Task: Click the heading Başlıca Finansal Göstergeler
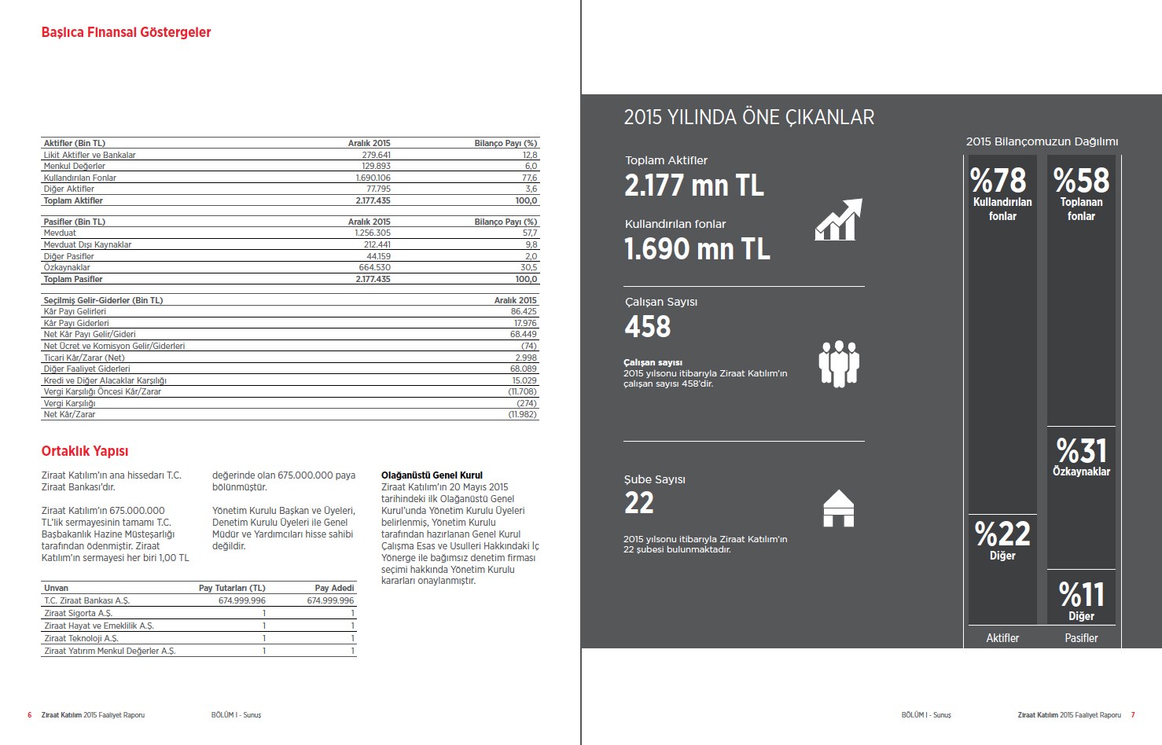pyautogui.click(x=126, y=32)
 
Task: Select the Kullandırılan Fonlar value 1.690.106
pyautogui.click(x=373, y=178)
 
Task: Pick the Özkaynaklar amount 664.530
pyautogui.click(x=374, y=267)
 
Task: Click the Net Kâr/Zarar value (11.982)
pyautogui.click(x=523, y=414)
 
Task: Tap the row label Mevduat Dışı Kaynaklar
pyautogui.click(x=87, y=244)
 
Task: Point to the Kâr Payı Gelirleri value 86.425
pyautogui.click(x=524, y=311)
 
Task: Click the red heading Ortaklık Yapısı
pyautogui.click(x=84, y=451)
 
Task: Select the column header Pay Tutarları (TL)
pyautogui.click(x=232, y=588)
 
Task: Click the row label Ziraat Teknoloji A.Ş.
pyautogui.click(x=81, y=638)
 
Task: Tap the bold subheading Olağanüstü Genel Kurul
pyautogui.click(x=432, y=475)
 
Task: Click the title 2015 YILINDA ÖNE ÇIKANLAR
pyautogui.click(x=748, y=117)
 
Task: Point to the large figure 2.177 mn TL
pyautogui.click(x=693, y=185)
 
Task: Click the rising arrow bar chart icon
pyautogui.click(x=838, y=219)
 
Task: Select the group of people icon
pyautogui.click(x=838, y=363)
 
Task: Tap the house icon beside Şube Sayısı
pyautogui.click(x=838, y=508)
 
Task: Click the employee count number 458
pyautogui.click(x=647, y=327)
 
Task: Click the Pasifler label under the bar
pyautogui.click(x=1081, y=638)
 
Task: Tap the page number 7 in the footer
pyautogui.click(x=1133, y=715)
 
